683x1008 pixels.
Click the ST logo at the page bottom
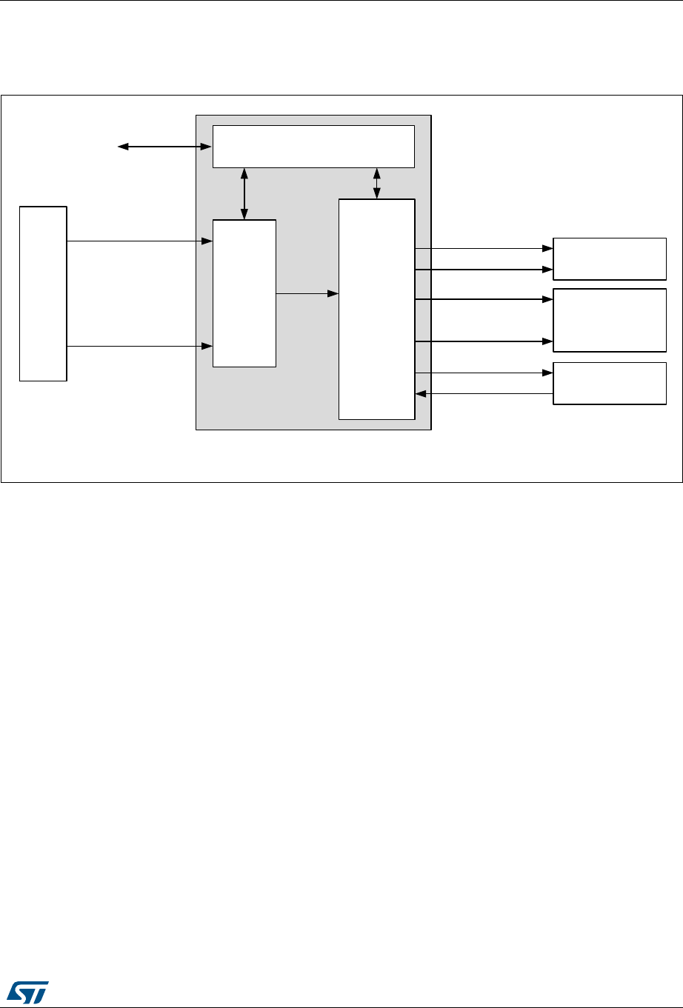(27, 990)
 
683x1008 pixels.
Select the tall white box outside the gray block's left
(43, 293)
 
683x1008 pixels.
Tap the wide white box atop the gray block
(313, 147)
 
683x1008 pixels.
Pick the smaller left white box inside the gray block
(244, 293)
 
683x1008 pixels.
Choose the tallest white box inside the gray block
(376, 309)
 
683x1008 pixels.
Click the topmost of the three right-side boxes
(609, 258)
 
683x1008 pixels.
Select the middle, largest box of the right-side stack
(609, 320)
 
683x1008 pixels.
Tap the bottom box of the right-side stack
(609, 383)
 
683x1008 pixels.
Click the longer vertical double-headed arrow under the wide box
(244, 193)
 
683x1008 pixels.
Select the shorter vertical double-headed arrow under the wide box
(377, 184)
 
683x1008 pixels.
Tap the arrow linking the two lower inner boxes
(307, 293)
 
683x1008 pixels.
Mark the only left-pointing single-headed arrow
(484, 394)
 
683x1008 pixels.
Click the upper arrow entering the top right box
(484, 249)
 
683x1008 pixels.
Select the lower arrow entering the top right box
(484, 270)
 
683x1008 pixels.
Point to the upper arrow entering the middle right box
(484, 299)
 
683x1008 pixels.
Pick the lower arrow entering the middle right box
(484, 341)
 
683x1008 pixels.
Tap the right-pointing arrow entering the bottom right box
(484, 373)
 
